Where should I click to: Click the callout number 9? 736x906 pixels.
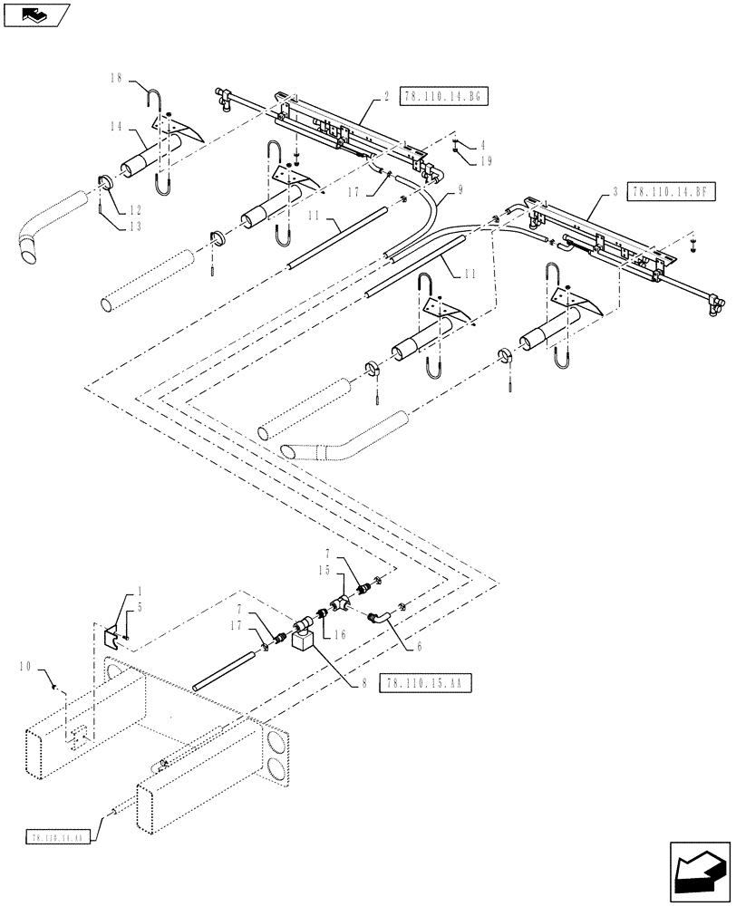click(460, 190)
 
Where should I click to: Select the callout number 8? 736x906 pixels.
click(363, 684)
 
